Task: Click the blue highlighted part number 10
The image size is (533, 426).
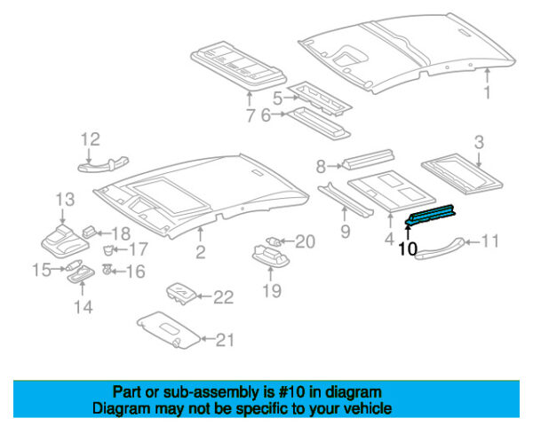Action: tap(431, 215)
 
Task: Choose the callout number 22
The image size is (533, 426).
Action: tap(224, 296)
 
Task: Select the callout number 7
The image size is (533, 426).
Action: tap(250, 115)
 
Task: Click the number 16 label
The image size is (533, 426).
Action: tap(135, 272)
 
